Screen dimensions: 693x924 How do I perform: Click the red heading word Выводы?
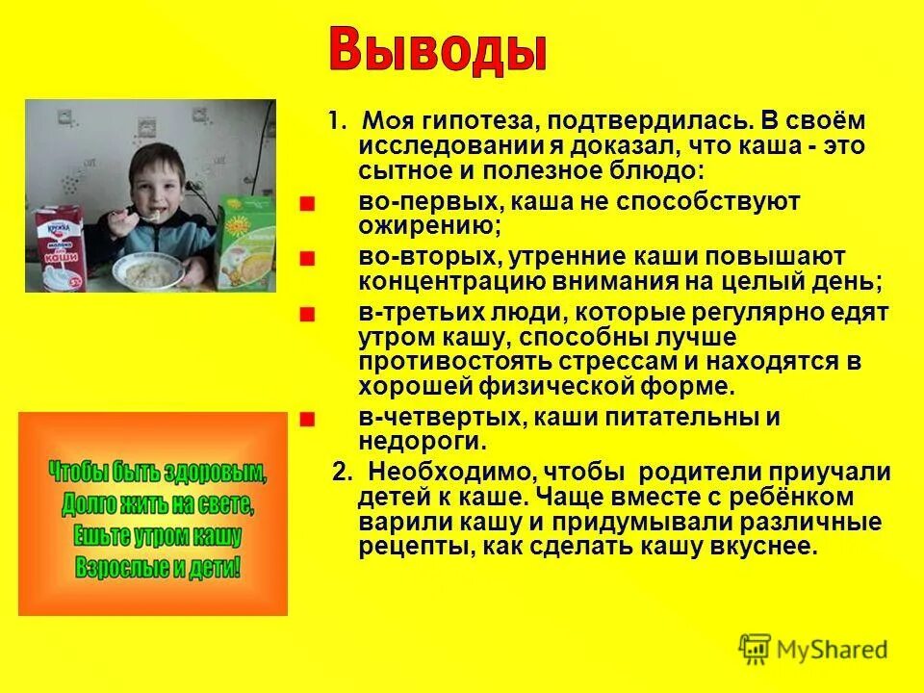438,50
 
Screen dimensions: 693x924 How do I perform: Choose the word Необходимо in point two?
449,474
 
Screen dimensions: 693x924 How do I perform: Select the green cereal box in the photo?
246,244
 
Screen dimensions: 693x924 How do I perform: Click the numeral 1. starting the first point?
337,123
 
